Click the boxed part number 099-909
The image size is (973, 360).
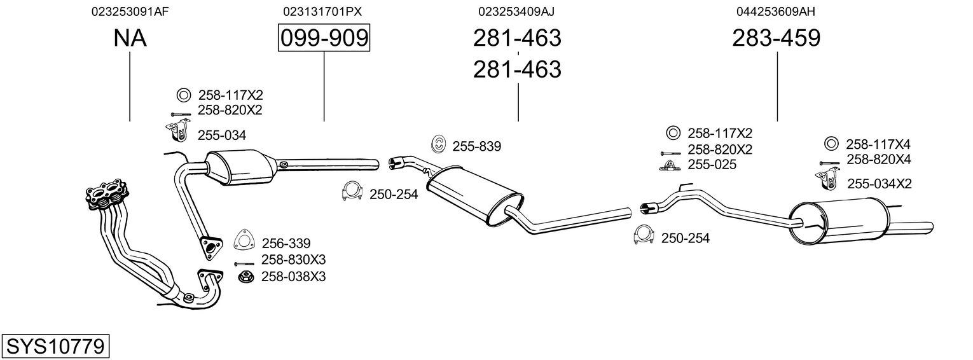(324, 39)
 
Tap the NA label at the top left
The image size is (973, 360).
(130, 39)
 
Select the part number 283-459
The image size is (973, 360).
(776, 39)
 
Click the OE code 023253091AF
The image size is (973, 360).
(130, 11)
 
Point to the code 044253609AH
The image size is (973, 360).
(776, 11)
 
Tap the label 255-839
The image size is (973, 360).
(476, 147)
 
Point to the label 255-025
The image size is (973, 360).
(712, 165)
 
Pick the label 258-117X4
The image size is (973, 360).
(878, 144)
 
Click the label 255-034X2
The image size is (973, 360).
(879, 184)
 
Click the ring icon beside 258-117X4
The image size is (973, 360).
(831, 144)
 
